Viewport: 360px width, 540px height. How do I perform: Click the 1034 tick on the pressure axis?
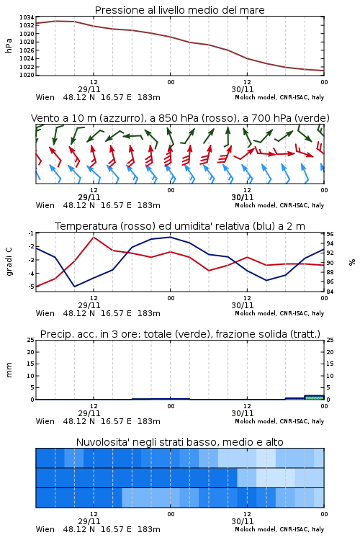pyautogui.click(x=27, y=17)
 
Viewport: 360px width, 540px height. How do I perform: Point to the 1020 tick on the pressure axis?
pyautogui.click(x=27, y=75)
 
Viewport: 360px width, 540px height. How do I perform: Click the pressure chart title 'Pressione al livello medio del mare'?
pyautogui.click(x=180, y=10)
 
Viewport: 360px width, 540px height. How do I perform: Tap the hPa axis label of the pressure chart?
pyautogui.click(x=9, y=45)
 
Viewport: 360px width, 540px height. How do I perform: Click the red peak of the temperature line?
pyautogui.click(x=94, y=237)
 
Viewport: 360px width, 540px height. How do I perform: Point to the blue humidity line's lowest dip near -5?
pyautogui.click(x=75, y=286)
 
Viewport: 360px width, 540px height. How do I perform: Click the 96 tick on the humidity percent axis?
pyautogui.click(x=330, y=234)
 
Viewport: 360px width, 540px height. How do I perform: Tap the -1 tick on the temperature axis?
pyautogui.click(x=31, y=233)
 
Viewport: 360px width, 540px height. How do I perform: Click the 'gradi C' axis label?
pyautogui.click(x=9, y=261)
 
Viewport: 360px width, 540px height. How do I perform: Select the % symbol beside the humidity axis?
pyautogui.click(x=352, y=262)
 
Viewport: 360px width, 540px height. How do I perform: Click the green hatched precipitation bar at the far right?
pyautogui.click(x=314, y=397)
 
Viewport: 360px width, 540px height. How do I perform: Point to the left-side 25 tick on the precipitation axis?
pyautogui.click(x=31, y=340)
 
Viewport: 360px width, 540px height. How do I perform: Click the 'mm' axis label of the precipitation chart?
pyautogui.click(x=9, y=370)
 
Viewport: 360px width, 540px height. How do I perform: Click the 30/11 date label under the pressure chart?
pyautogui.click(x=242, y=89)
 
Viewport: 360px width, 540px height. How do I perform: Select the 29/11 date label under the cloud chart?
pyautogui.click(x=89, y=521)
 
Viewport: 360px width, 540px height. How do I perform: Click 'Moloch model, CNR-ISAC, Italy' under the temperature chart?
pyautogui.click(x=279, y=313)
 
